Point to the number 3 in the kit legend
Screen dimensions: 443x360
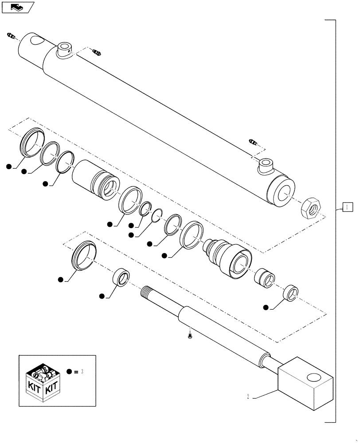click(x=82, y=372)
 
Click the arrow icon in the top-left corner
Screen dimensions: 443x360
click(x=18, y=7)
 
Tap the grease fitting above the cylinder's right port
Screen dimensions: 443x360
click(x=253, y=143)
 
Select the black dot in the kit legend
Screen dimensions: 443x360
click(x=69, y=372)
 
